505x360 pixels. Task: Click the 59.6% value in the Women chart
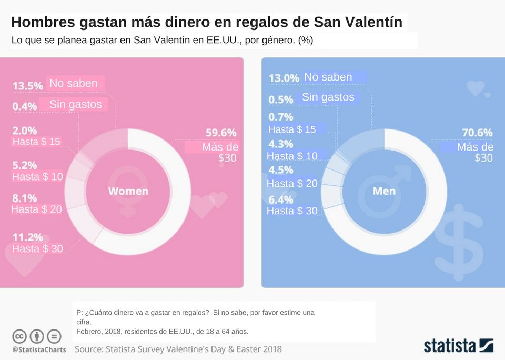(221, 133)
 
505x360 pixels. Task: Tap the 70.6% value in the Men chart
(477, 133)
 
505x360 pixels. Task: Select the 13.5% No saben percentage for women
(28, 85)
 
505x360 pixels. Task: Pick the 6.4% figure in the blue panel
(281, 199)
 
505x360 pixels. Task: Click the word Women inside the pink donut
(128, 191)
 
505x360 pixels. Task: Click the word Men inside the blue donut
(384, 191)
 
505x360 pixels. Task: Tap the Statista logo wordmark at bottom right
(450, 346)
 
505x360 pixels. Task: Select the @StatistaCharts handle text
(39, 349)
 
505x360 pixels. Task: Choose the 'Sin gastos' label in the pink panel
(75, 104)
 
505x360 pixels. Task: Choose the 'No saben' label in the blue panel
(328, 77)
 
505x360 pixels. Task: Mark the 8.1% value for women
(25, 198)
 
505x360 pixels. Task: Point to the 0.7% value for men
(281, 117)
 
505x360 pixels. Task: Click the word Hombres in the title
(43, 23)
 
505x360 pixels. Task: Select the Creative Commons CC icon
(19, 336)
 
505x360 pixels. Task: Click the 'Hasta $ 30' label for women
(37, 248)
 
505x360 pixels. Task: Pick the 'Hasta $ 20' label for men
(292, 183)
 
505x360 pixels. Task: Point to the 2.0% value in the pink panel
(25, 130)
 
